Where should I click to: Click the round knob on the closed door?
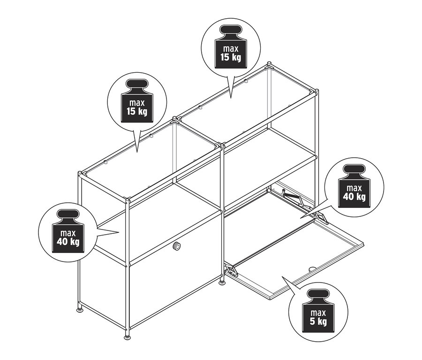coord(177,246)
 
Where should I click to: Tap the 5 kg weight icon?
coord(318,311)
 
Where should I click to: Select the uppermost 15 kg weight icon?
coord(231,46)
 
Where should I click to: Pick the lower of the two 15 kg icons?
coord(137,100)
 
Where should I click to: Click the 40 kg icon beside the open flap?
coord(354,186)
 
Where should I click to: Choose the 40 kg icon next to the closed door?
coord(68,231)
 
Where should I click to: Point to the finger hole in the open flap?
coord(312,269)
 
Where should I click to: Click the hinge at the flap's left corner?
coord(232,271)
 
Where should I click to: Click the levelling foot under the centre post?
coord(222,283)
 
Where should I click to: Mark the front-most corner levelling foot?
coord(128,337)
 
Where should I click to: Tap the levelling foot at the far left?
coord(80,310)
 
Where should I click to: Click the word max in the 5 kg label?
coord(318,313)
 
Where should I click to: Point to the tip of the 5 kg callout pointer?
coord(282,276)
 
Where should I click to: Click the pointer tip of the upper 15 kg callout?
coord(230,98)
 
